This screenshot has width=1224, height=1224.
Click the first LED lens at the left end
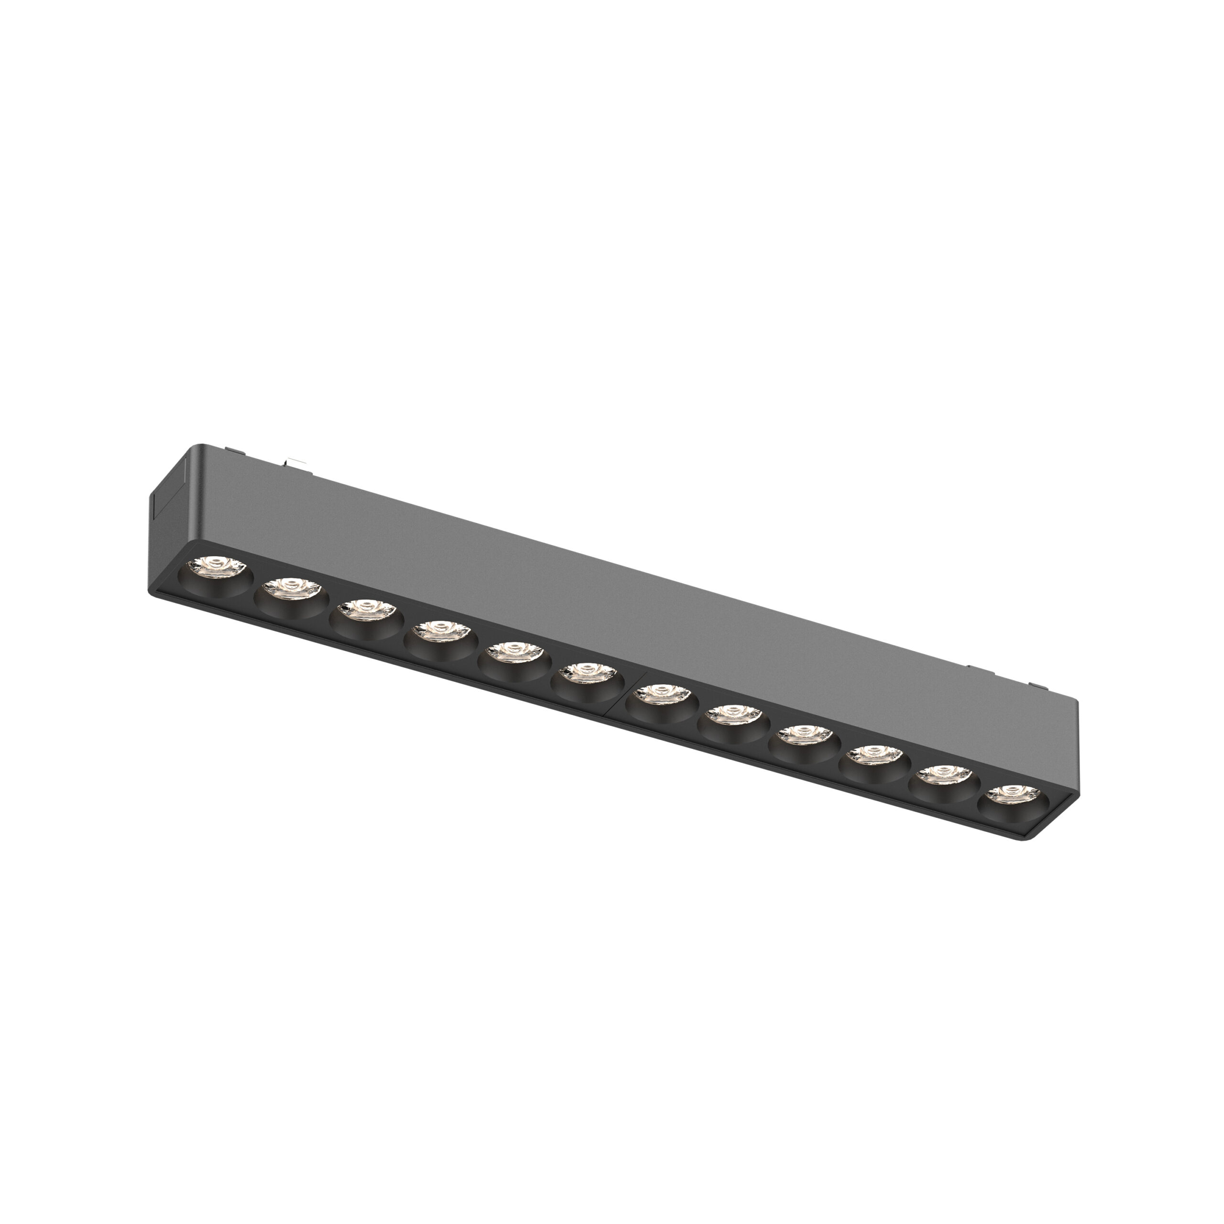(217, 563)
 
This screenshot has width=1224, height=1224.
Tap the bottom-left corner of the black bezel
(154, 592)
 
